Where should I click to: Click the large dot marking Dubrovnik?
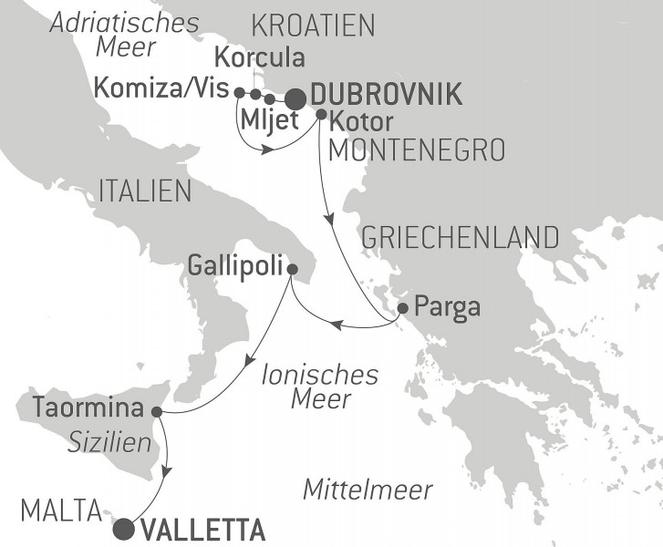click(295, 98)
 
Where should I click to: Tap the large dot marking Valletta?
click(123, 529)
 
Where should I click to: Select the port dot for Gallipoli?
click(291, 269)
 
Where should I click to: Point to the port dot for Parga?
click(403, 307)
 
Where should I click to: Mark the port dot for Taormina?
click(156, 411)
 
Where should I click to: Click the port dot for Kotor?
click(321, 114)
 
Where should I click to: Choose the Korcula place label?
click(258, 57)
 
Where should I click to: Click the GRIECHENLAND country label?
click(461, 237)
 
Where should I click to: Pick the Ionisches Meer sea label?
click(306, 387)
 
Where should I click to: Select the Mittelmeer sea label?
click(367, 490)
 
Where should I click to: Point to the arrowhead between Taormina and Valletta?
click(166, 471)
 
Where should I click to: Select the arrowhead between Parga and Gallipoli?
click(336, 325)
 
